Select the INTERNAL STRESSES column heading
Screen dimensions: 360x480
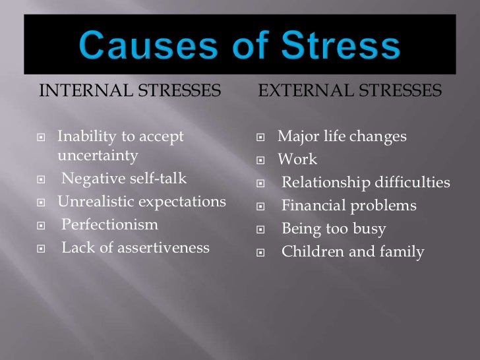click(x=130, y=91)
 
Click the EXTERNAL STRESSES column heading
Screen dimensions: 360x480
click(x=350, y=91)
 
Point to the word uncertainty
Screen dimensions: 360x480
click(x=98, y=156)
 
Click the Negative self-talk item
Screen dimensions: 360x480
click(x=124, y=179)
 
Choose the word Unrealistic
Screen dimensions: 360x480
click(x=97, y=202)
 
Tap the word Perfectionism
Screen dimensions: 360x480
click(x=110, y=225)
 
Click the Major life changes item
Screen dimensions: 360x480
click(x=342, y=136)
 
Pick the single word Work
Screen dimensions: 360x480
click(x=297, y=160)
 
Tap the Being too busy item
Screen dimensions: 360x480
click(x=334, y=229)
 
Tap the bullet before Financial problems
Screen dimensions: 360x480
click(x=261, y=207)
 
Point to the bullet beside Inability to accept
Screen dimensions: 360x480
click(x=42, y=138)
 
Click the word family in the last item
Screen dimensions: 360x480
click(x=404, y=252)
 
